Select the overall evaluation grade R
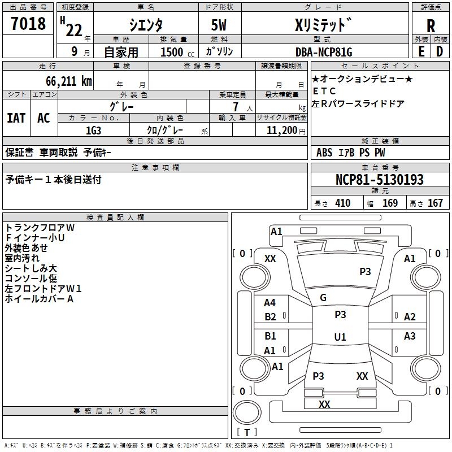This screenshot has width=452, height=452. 431,26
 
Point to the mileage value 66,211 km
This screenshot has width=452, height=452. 63,81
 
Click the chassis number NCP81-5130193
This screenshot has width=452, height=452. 379,180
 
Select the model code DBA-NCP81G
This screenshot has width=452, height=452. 324,52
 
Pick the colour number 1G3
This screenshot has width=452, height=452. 94,130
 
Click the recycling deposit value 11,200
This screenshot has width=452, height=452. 281,130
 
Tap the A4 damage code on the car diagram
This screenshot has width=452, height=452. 270,303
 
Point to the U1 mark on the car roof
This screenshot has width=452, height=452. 340,337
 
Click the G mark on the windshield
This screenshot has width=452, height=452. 323,298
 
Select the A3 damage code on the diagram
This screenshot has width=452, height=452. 410,336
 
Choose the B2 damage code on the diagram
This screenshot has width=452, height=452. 270,317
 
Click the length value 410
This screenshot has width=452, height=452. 342,203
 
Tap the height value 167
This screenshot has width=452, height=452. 435,203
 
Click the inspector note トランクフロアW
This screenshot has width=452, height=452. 40,227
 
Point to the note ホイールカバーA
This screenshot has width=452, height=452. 40,298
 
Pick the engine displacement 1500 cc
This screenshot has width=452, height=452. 173,52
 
